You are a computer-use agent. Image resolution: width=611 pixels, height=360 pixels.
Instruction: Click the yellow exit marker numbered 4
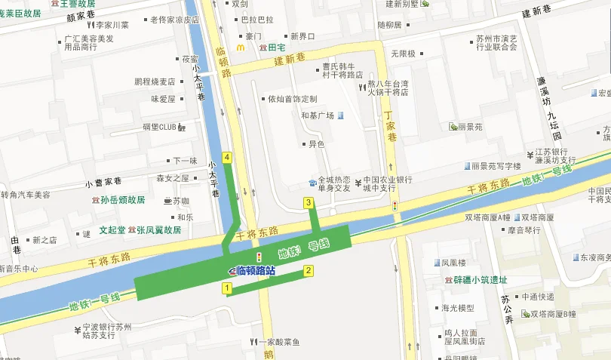pyautogui.click(x=226, y=158)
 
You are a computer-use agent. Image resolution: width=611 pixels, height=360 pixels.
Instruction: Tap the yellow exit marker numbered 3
pyautogui.click(x=308, y=202)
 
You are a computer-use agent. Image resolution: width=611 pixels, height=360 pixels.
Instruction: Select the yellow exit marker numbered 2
pyautogui.click(x=308, y=270)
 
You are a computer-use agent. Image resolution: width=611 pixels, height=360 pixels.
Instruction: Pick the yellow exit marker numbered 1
pyautogui.click(x=226, y=288)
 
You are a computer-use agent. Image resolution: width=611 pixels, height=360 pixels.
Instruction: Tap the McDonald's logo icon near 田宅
pyautogui.click(x=241, y=47)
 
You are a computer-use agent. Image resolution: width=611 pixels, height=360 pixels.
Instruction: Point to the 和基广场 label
pyautogui.click(x=317, y=115)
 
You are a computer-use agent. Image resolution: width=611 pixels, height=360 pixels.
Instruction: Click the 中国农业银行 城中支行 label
pyautogui.click(x=388, y=183)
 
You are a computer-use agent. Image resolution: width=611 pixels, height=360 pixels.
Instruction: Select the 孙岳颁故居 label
pyautogui.click(x=122, y=200)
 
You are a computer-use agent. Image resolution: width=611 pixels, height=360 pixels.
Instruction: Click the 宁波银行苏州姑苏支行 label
pyautogui.click(x=106, y=331)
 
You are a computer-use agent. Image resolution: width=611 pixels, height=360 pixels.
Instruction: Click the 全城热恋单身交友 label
pyautogui.click(x=333, y=183)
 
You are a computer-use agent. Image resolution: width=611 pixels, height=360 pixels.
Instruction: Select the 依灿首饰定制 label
pyautogui.click(x=293, y=99)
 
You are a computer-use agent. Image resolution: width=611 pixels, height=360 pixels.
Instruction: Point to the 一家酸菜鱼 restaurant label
pyautogui.click(x=284, y=342)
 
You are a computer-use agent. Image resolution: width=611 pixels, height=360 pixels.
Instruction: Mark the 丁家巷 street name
pyautogui.click(x=390, y=122)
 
